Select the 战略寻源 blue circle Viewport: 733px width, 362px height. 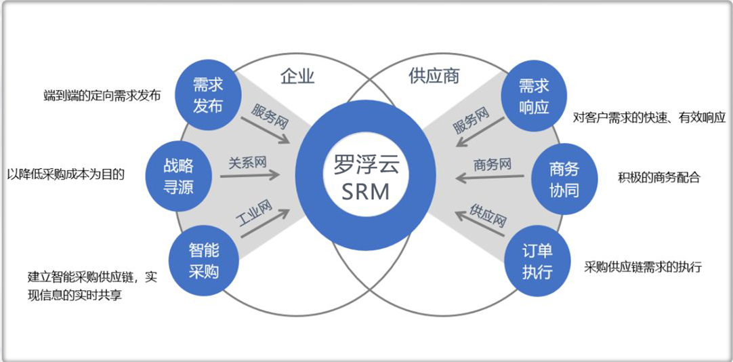coord(178,176)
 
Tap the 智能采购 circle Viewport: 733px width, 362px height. coord(204,260)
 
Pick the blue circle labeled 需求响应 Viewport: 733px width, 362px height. coord(534,96)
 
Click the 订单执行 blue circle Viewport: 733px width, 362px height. coord(537,262)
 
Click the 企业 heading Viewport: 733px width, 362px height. coord(297,76)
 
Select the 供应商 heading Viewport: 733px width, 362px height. coord(434,76)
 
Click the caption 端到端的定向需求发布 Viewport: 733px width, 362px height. coord(102,96)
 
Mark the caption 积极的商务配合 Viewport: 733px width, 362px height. coord(658,178)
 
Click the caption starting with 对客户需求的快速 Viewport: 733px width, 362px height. coord(649,117)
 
